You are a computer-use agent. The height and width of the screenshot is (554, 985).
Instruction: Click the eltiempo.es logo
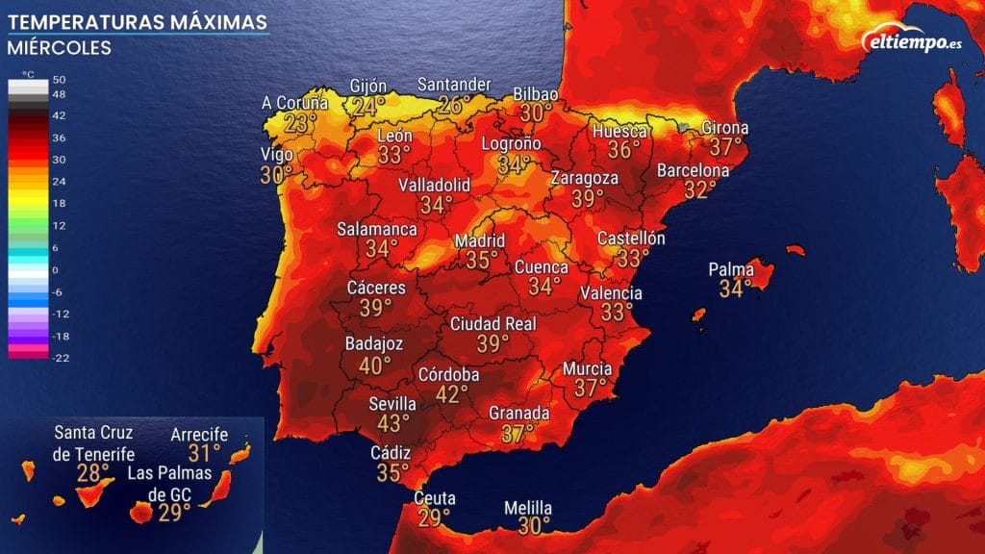pos(915,40)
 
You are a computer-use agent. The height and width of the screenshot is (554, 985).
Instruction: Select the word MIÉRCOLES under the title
pos(60,47)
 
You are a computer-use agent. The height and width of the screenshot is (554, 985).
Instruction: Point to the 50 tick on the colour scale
pos(60,79)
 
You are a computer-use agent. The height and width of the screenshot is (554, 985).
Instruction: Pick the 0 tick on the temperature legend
pos(55,270)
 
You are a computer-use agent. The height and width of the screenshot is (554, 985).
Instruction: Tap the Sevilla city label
pos(392,404)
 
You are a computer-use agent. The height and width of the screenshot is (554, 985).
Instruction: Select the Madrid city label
pos(479,240)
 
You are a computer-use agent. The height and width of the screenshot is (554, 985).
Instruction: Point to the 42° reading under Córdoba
pos(451,394)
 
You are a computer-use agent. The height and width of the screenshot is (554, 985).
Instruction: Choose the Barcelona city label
pos(693,170)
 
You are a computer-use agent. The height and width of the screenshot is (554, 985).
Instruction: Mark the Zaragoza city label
pos(584,178)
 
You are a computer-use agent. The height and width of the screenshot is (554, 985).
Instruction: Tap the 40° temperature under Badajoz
pos(374,365)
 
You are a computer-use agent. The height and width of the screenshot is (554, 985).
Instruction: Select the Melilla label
pos(528,508)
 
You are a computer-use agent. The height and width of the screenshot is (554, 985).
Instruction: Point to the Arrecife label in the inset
pos(199,435)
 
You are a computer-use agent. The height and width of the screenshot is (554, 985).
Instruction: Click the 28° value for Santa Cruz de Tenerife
pos(93,473)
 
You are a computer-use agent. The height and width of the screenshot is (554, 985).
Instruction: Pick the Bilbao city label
pos(536,93)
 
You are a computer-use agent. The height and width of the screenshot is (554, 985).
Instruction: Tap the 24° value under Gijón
pos(367,106)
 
